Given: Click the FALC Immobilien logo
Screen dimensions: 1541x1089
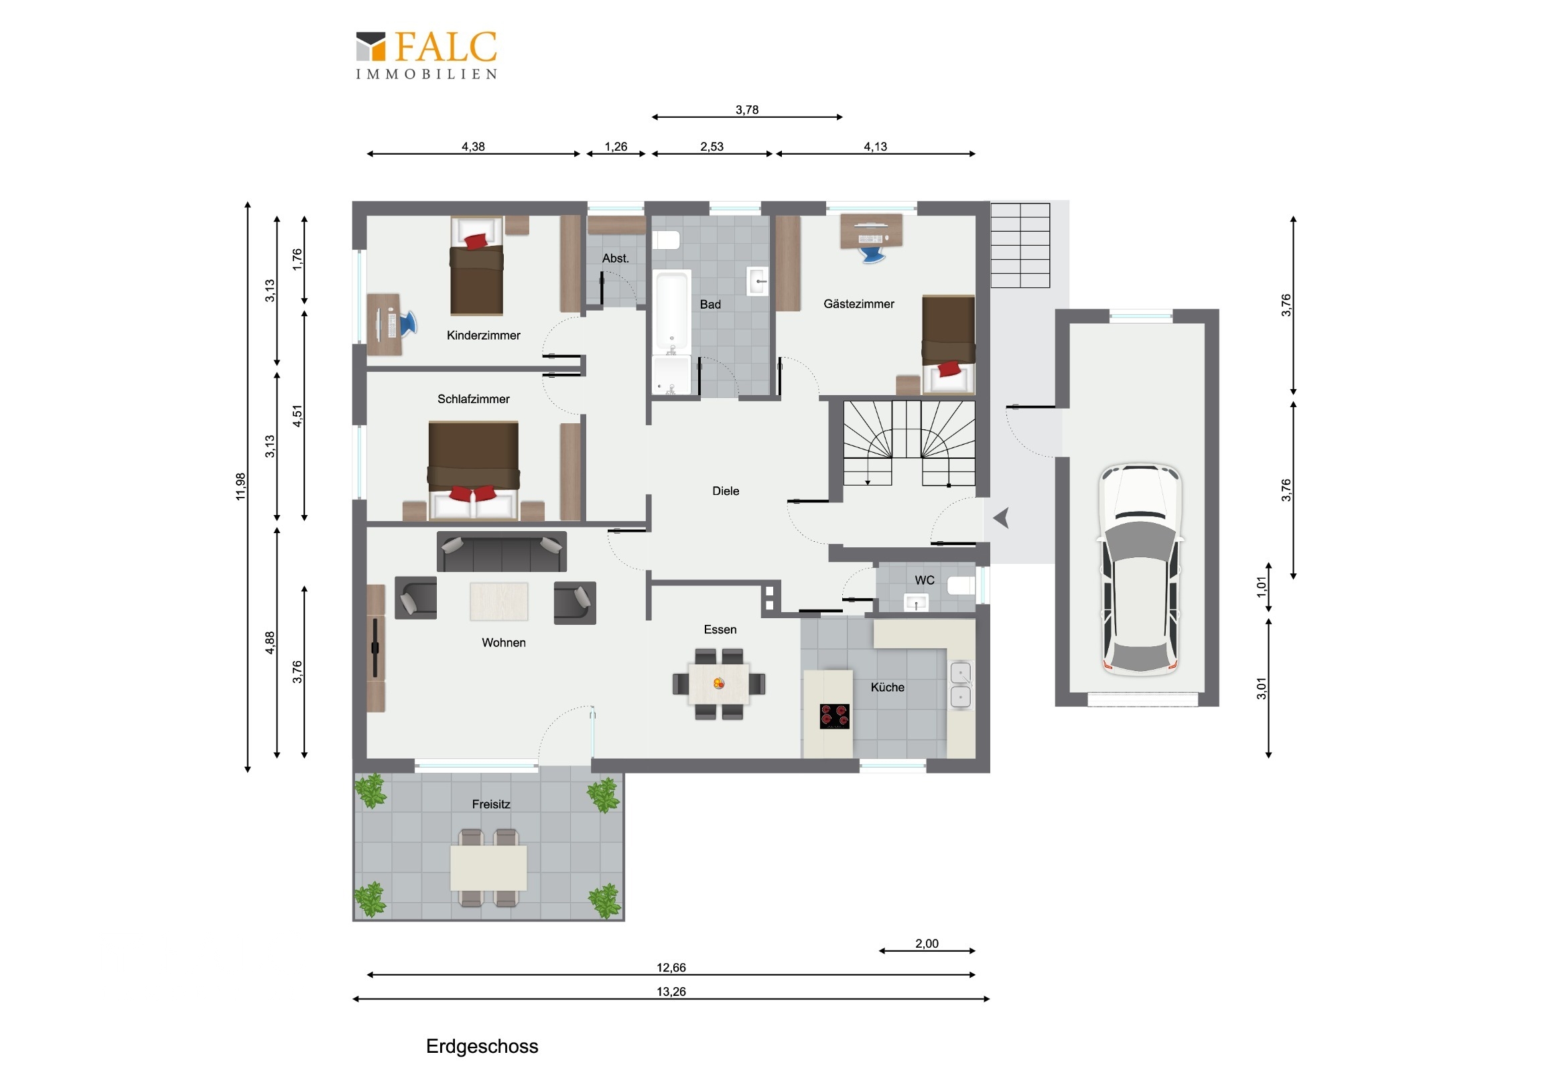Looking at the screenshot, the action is tap(426, 55).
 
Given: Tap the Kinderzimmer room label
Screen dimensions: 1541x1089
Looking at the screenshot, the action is tap(483, 336).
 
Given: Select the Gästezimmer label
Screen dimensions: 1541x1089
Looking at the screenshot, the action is tap(858, 304).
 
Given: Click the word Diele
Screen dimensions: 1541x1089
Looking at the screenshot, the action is tap(726, 491).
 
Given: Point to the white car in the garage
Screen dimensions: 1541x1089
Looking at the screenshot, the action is tap(1140, 569).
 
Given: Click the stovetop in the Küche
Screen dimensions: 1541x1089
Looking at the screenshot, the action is tap(834, 716).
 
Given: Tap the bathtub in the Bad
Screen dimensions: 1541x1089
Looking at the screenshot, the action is tap(672, 313).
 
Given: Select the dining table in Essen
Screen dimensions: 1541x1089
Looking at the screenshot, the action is tap(719, 684).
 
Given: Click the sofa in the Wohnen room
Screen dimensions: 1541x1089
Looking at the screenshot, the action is tap(501, 552).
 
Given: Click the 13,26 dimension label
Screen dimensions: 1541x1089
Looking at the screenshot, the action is tap(671, 992).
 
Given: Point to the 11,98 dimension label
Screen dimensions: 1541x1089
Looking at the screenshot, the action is tap(241, 486).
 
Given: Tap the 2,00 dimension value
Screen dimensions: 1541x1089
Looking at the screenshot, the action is tap(927, 944).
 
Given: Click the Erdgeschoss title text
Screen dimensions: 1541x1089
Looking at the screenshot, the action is tap(482, 1047).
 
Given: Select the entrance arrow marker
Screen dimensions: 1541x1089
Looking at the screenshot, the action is tap(1002, 518).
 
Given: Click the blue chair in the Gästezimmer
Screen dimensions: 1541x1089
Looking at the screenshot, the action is tap(872, 255).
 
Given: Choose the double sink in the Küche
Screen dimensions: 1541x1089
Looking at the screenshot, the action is tap(961, 685).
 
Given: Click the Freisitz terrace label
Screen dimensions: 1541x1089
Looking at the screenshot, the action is tap(490, 804).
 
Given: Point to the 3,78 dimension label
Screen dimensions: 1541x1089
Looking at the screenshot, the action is tap(747, 110).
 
